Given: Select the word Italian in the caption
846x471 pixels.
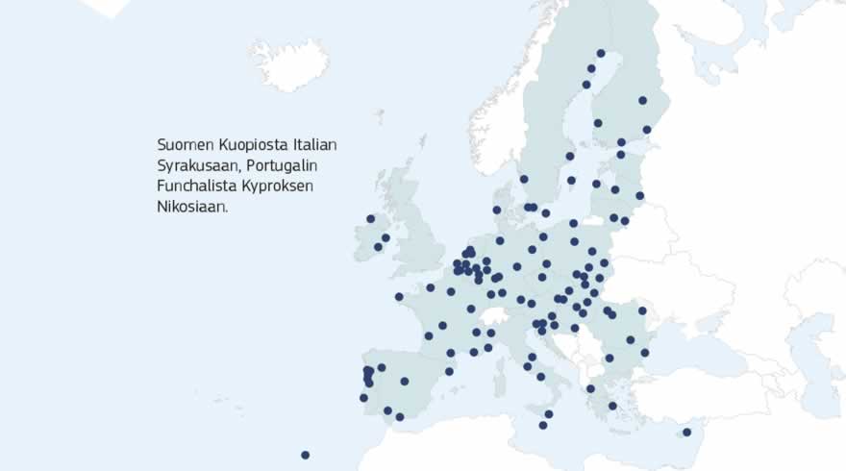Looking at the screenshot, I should (314, 144).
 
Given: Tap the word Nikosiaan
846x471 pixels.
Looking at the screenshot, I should (192, 207).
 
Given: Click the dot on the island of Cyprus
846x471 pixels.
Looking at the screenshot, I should (686, 433).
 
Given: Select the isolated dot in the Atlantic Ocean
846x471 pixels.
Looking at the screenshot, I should (305, 455).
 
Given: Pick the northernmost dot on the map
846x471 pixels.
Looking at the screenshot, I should (601, 54).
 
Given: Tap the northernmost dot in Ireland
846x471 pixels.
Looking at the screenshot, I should (370, 219).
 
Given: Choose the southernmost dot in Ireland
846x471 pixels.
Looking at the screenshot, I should (378, 247).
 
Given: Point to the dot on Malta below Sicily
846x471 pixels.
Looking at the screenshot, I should (543, 425).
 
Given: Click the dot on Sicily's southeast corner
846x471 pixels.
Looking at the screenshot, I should (549, 414).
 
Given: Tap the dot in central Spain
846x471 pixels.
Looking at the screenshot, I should (405, 382).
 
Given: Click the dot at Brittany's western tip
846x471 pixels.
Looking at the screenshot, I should (399, 297).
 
